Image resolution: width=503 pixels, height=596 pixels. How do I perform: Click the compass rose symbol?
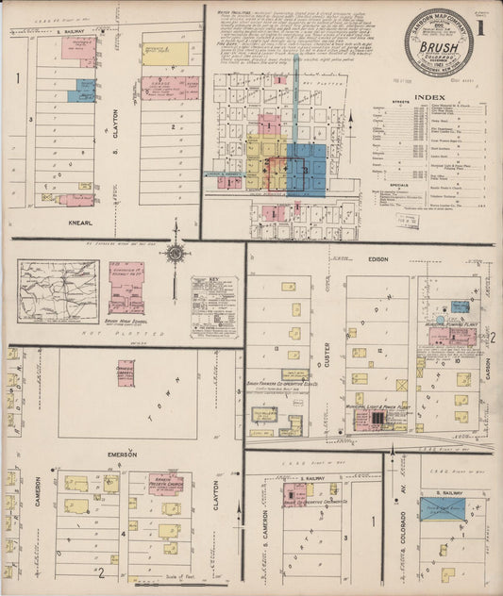pos(175,253)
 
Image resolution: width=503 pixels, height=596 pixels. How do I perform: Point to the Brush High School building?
pos(126,287)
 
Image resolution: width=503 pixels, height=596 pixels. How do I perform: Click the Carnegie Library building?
pos(126,372)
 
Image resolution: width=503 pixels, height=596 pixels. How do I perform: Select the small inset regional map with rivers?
pos(58,291)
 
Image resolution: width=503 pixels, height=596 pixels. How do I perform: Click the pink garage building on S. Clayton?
pos(170,89)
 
